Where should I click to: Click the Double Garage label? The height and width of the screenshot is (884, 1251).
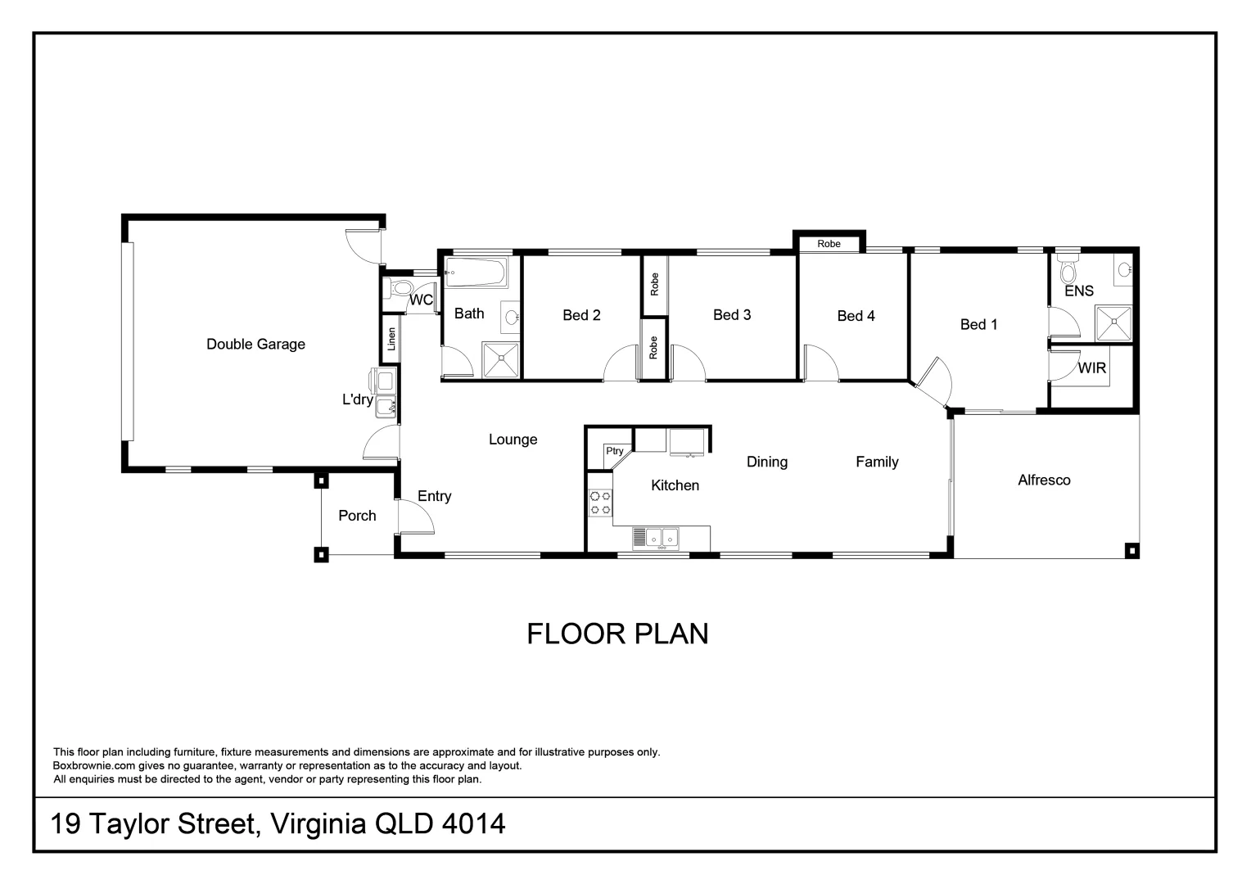tap(255, 345)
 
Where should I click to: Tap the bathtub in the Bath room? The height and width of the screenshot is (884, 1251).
tap(475, 272)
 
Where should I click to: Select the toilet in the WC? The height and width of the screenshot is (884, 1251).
tap(400, 288)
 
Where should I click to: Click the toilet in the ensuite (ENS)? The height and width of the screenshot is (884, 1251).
tap(1067, 269)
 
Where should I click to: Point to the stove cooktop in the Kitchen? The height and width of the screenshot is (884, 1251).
tap(600, 503)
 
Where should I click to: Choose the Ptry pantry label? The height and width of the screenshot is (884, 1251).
tap(615, 451)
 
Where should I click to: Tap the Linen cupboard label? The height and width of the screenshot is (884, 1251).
tap(391, 339)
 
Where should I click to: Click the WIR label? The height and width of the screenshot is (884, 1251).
tap(1091, 368)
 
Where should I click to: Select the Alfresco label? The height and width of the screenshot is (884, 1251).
tap(1044, 480)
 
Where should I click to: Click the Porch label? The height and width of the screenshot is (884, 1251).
tap(357, 516)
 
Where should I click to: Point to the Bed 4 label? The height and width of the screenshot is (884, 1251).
tap(856, 316)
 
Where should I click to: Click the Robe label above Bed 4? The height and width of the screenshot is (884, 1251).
tap(829, 244)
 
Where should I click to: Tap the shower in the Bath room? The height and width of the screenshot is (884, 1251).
tap(500, 360)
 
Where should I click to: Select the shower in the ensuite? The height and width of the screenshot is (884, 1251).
tap(1113, 323)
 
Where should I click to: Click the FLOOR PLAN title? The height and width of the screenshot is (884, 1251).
tap(617, 634)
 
